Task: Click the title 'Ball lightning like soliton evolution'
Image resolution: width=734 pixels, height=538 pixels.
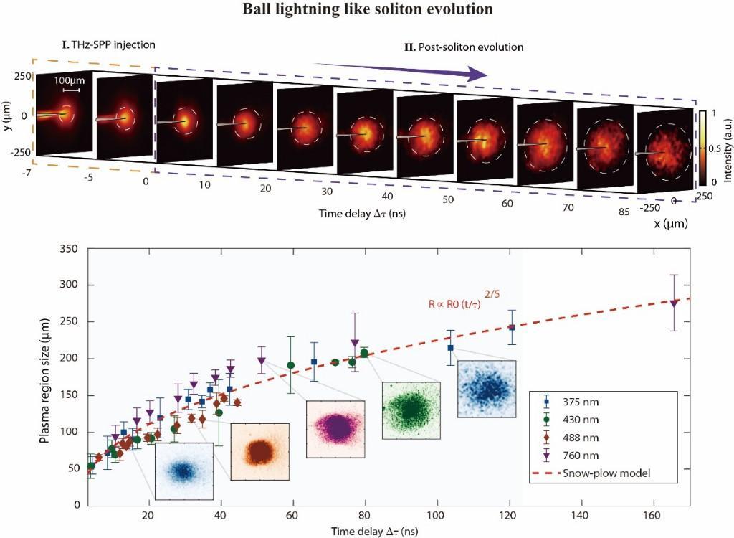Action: tap(366, 10)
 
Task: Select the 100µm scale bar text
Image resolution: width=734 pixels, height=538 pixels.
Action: tap(67, 81)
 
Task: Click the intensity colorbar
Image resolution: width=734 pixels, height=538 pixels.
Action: tap(704, 148)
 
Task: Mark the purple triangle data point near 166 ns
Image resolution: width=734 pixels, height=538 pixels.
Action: tap(674, 303)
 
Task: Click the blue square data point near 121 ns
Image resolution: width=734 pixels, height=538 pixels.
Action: tap(512, 327)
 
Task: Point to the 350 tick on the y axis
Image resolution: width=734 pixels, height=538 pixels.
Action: tap(69, 249)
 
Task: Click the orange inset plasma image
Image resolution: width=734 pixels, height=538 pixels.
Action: tap(259, 452)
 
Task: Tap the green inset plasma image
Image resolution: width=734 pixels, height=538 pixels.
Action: tap(411, 410)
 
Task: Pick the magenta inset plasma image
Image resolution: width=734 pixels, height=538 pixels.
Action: tap(335, 429)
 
